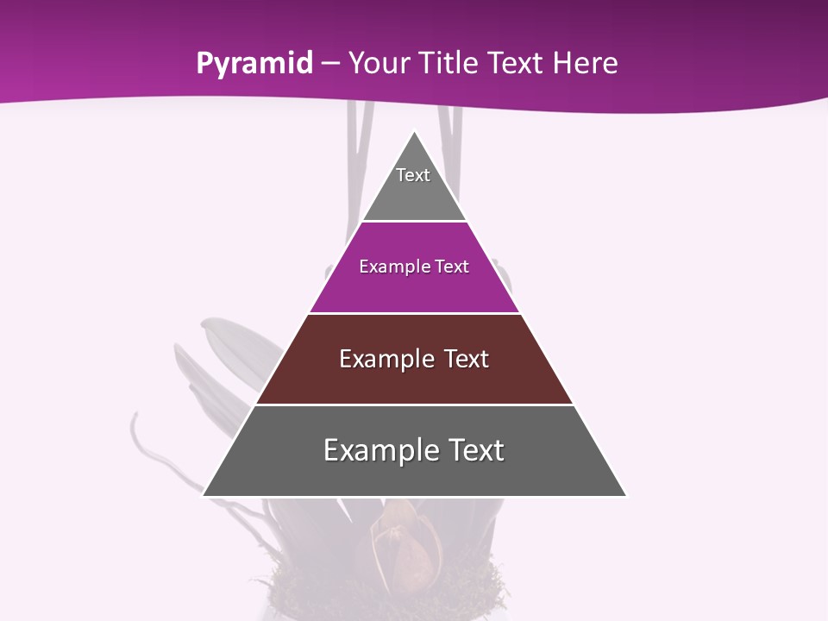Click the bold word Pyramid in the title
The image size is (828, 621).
(x=254, y=64)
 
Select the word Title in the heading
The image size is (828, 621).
(x=449, y=64)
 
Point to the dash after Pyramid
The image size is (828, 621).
(x=330, y=65)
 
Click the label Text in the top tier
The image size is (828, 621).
(x=413, y=175)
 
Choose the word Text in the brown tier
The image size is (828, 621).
(x=467, y=359)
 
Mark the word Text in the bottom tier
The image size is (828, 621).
(x=474, y=450)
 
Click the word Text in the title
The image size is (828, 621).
(x=515, y=64)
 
